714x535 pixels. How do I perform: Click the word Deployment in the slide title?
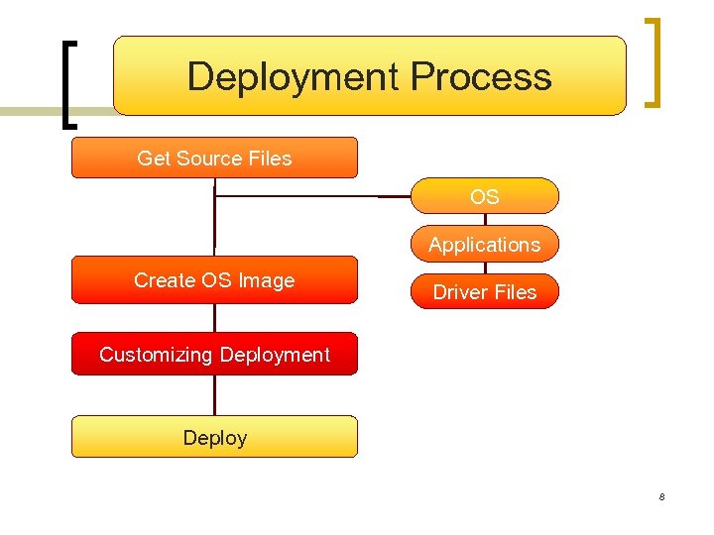294,77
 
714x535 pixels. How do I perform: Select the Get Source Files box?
214,158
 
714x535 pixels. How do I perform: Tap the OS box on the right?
485,196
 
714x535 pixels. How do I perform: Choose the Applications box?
485,244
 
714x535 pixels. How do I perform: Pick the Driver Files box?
485,292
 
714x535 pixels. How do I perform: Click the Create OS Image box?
214,280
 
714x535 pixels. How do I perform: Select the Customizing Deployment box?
214,355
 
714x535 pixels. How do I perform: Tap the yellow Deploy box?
214,437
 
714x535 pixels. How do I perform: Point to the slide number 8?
661,496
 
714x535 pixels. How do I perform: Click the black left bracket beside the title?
67,84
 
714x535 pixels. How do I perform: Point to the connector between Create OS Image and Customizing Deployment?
214,317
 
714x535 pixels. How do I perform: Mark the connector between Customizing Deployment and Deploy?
214,394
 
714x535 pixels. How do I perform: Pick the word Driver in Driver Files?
461,292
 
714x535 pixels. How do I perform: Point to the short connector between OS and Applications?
485,219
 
